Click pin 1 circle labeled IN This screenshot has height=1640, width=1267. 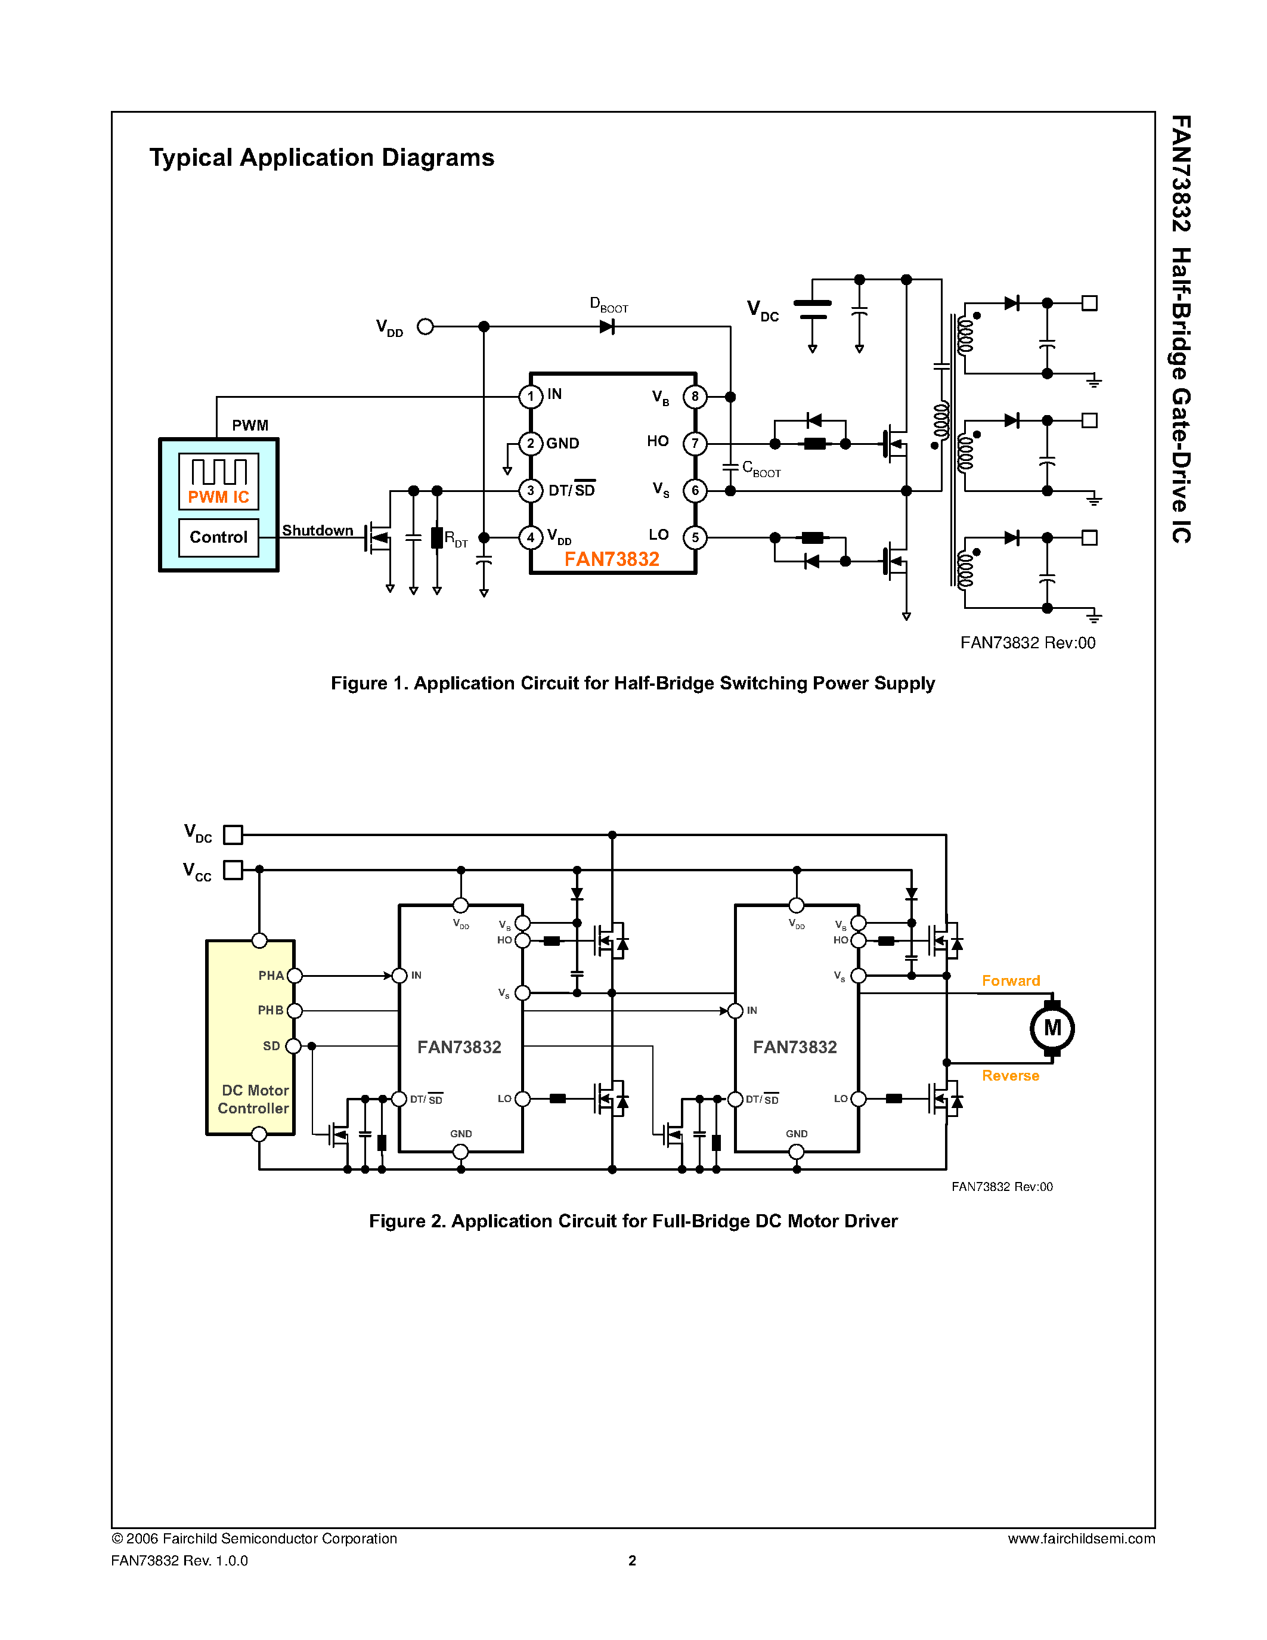531,397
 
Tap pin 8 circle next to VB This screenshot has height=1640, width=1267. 695,397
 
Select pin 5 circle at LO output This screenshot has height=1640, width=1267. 695,538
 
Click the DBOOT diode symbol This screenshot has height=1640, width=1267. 607,327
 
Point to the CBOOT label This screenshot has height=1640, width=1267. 761,469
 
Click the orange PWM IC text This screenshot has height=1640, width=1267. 218,497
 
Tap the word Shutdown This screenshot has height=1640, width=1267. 318,530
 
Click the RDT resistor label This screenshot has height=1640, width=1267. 456,539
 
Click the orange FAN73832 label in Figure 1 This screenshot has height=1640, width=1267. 612,559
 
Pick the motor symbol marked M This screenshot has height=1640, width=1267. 1052,1028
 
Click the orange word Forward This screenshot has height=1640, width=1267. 1010,980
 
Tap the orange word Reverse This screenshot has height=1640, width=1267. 1010,1075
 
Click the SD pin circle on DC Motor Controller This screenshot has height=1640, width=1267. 293,1046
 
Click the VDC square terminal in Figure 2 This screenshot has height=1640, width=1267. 234,834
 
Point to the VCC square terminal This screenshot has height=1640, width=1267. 234,869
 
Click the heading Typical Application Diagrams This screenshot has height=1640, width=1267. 321,157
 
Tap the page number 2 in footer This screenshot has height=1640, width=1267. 632,1561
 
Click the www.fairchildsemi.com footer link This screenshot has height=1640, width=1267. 1081,1539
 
